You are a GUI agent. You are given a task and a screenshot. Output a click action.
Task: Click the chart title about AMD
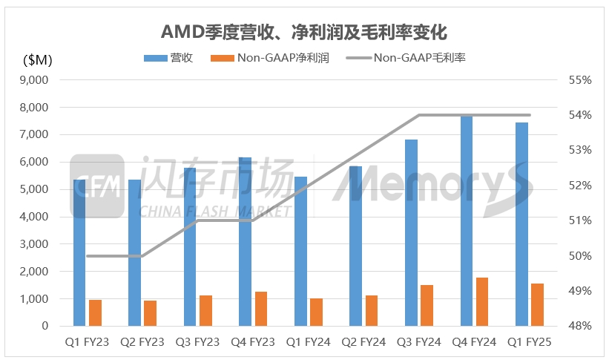pos(304,32)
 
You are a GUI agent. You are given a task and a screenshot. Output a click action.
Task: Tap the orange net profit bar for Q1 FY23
pos(95,312)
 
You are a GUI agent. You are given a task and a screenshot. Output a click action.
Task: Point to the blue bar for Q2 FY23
pos(135,252)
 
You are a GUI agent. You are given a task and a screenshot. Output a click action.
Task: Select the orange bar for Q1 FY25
pos(537,304)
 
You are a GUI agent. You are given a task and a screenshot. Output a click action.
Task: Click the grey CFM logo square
pos(96,186)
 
